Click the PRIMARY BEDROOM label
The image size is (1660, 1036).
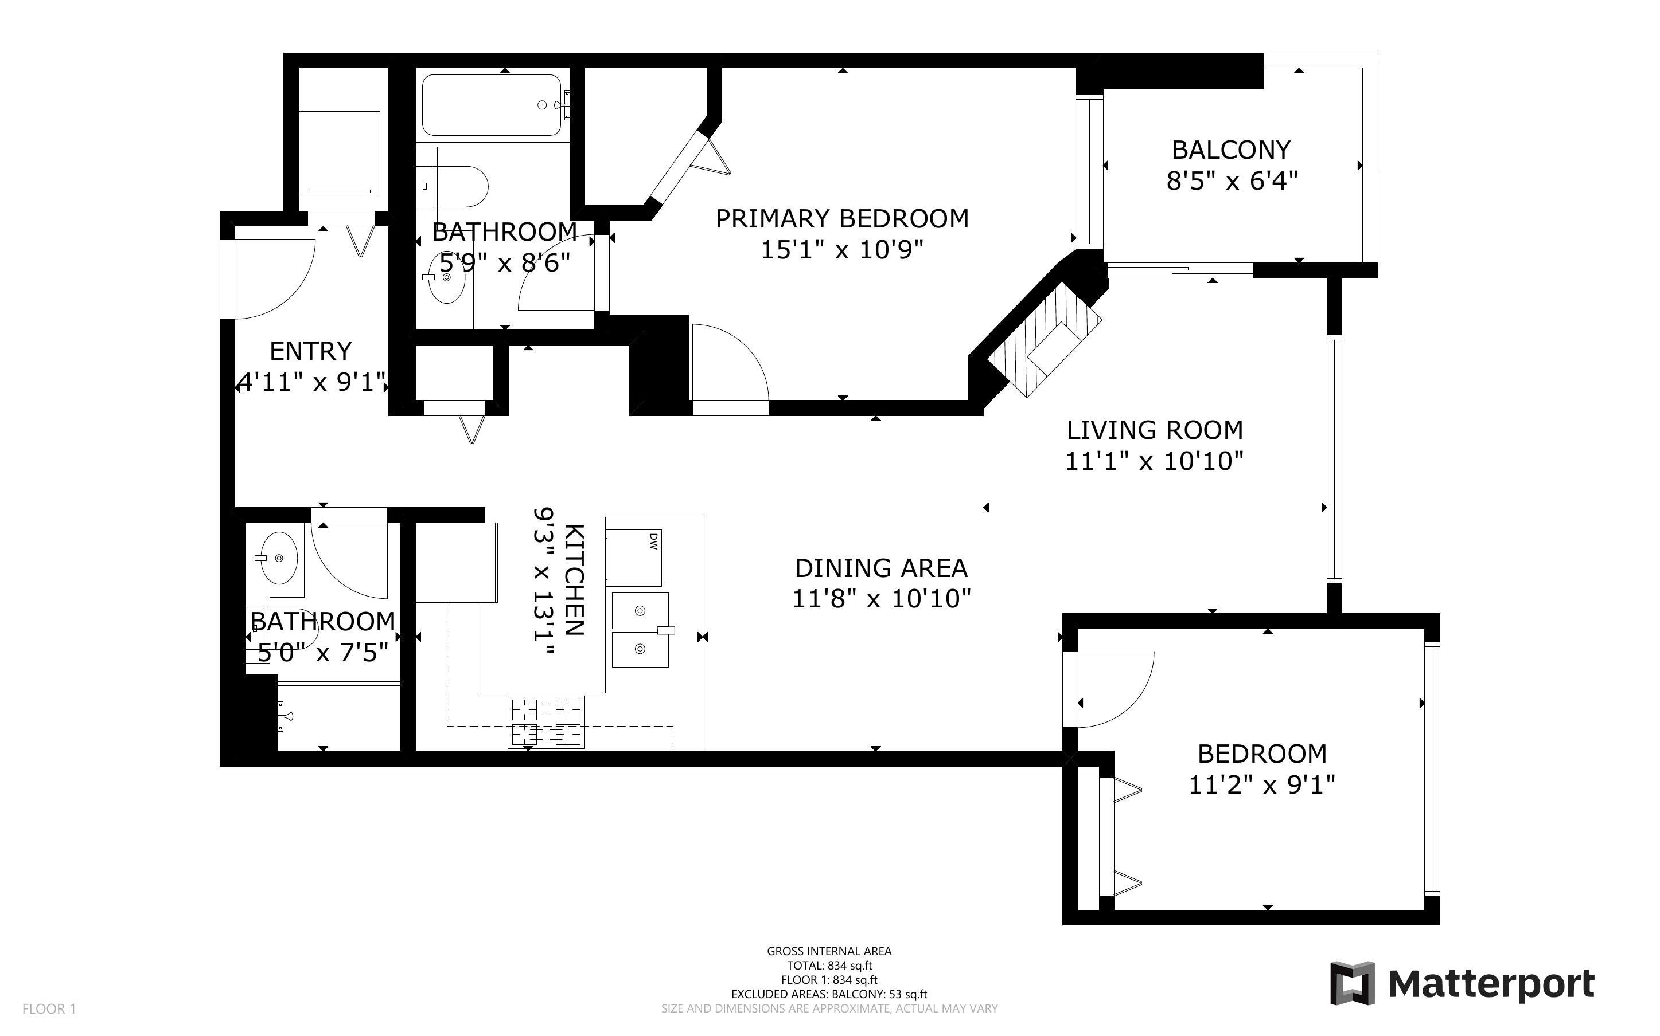(842, 218)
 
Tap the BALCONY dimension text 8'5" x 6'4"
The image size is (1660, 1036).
(1232, 182)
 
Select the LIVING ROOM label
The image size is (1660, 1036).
(1154, 430)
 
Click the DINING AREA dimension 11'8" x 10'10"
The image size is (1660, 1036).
(881, 599)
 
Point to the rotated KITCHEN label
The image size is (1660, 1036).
(574, 580)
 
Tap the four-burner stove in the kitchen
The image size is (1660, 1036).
(546, 721)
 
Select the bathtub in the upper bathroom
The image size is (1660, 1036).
(492, 105)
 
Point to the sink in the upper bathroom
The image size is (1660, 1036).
(446, 277)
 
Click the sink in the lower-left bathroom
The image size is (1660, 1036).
(277, 559)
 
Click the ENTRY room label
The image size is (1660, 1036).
(311, 351)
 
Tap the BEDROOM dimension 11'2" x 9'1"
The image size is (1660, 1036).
(1261, 784)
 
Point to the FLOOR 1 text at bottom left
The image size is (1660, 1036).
(49, 1008)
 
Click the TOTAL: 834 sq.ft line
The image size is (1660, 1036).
(829, 966)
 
